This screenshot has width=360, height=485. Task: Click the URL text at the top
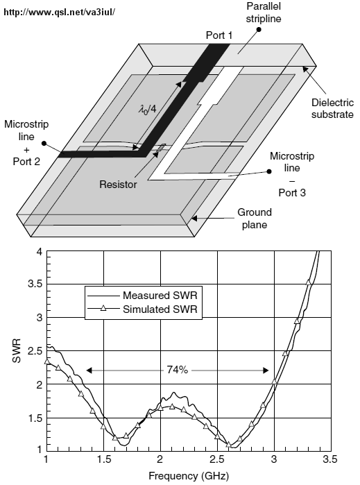(60, 12)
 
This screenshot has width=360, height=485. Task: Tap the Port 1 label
(219, 35)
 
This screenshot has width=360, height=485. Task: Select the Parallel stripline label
(264, 12)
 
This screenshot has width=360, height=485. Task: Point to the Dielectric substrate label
(332, 108)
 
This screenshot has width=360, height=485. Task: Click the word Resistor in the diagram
(118, 185)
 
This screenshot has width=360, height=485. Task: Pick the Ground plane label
(255, 219)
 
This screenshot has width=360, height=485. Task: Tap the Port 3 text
(292, 193)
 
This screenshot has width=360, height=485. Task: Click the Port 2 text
(26, 162)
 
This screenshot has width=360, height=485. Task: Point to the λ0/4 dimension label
(147, 109)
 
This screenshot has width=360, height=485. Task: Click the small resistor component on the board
(161, 148)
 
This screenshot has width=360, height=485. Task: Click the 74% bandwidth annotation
(177, 370)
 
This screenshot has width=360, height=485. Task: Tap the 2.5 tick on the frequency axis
(217, 459)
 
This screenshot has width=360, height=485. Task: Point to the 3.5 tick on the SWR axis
(35, 284)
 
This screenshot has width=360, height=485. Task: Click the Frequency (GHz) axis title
(189, 475)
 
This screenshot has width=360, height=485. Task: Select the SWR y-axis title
(17, 351)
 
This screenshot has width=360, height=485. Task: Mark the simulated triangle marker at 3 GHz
(274, 382)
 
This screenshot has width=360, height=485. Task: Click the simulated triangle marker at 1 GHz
(47, 361)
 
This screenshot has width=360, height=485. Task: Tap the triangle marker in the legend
(103, 308)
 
